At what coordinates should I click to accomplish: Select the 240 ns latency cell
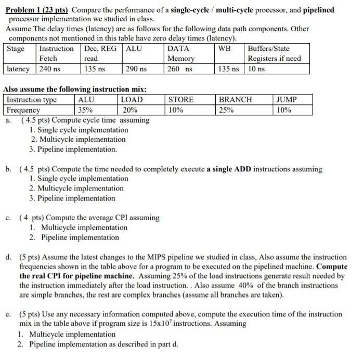pos(49,69)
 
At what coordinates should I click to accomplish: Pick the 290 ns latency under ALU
pos(136,69)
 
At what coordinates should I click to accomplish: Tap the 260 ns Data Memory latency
pos(179,69)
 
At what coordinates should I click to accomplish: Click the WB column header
pos(225,48)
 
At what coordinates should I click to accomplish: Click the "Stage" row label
pos(16,48)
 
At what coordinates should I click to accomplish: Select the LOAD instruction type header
pos(132,99)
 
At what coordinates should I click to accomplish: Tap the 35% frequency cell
pos(85,110)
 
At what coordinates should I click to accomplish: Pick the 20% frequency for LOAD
pos(129,110)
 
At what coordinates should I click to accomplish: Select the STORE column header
pos(181,99)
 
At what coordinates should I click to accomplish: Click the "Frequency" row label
pos(23,110)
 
